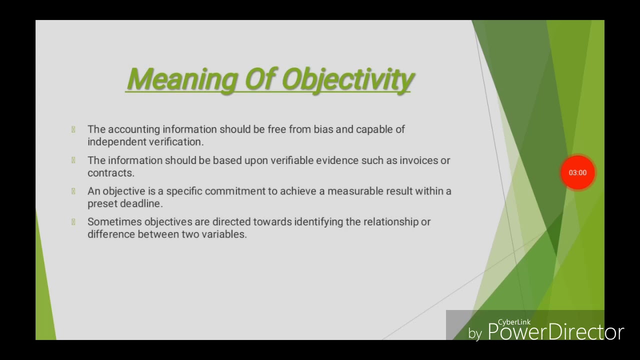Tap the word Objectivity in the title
(348, 80)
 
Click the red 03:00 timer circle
(577, 172)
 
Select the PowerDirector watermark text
(555, 332)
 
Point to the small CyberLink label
(513, 322)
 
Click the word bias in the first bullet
(323, 129)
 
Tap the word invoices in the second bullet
(418, 160)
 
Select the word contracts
(110, 173)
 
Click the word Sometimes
(114, 222)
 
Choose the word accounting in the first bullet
(133, 129)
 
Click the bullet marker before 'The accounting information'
(73, 129)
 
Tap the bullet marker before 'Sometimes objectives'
(73, 222)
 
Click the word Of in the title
(258, 80)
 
